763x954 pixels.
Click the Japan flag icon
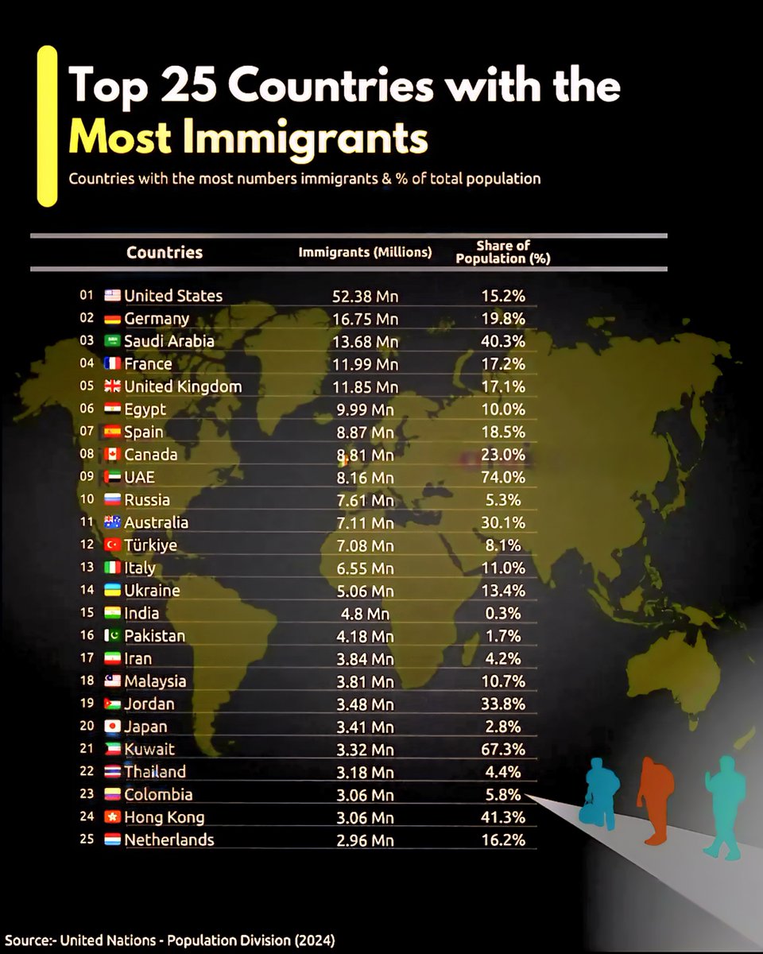coord(112,727)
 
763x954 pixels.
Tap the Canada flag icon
coord(112,455)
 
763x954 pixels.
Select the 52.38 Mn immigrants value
coord(365,296)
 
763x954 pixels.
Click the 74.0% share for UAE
coord(503,477)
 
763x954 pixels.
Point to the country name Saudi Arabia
coord(169,341)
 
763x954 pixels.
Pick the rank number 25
coord(87,839)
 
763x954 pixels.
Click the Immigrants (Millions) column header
coord(365,253)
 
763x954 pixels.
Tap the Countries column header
coord(165,253)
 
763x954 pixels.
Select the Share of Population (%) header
coord(503,252)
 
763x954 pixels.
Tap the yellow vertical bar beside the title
coord(48,126)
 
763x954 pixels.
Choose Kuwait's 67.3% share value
coord(503,749)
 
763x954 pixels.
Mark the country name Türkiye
coord(151,545)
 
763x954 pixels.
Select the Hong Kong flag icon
coord(112,816)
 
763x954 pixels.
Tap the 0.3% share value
coord(503,613)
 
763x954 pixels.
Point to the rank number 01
coord(87,295)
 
